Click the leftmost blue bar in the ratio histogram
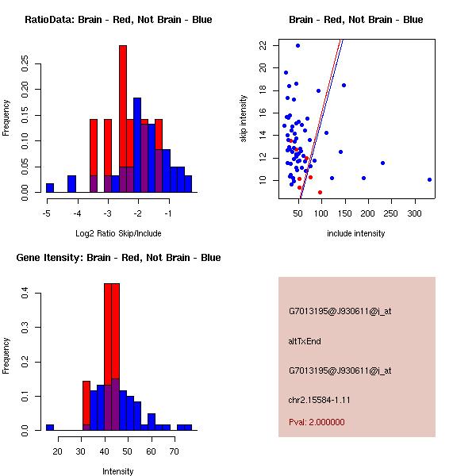50,187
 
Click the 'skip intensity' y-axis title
244,119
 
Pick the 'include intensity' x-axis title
356,233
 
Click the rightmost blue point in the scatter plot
429,179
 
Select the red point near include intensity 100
320,192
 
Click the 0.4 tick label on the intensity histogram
25,294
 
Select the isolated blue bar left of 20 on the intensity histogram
50,427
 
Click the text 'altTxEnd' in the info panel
305,341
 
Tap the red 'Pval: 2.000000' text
317,422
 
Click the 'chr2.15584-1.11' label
319,399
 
